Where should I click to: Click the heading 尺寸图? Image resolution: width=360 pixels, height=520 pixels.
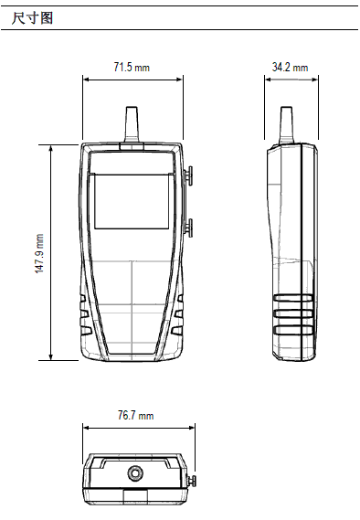[x=30, y=16]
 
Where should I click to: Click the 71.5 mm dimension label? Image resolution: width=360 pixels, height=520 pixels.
[x=132, y=68]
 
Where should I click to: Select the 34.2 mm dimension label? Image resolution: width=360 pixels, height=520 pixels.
[x=290, y=68]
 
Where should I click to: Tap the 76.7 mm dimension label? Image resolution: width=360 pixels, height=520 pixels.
[x=135, y=416]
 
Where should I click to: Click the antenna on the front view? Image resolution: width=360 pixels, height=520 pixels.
[x=132, y=123]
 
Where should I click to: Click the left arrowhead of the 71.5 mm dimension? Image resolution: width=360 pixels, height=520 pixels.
[x=86, y=78]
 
